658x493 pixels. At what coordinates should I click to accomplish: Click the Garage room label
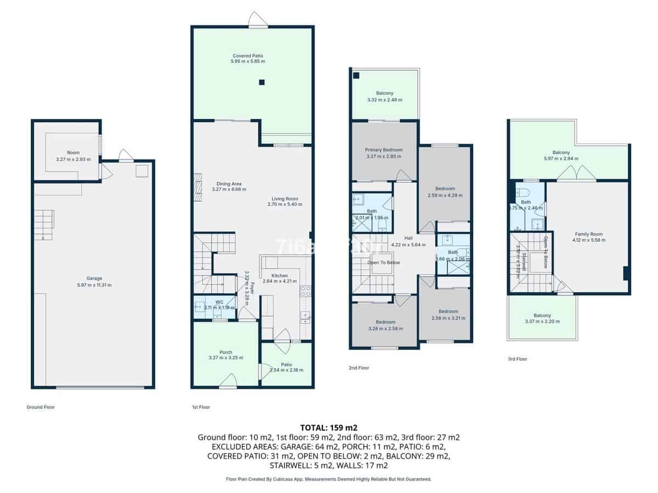(94, 278)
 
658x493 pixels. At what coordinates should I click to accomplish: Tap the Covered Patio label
(248, 56)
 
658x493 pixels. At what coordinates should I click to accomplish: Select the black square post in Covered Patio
(262, 83)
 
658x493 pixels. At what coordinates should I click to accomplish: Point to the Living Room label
(285, 199)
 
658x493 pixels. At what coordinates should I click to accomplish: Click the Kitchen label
(279, 276)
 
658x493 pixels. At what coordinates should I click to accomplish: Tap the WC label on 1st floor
(219, 302)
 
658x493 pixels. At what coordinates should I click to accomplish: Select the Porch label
(225, 352)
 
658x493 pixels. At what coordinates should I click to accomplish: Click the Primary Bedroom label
(384, 150)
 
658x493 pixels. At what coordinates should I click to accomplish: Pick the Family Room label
(588, 234)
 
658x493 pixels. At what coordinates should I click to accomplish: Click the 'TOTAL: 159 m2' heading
(328, 427)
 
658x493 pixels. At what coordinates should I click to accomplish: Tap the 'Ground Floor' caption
(41, 407)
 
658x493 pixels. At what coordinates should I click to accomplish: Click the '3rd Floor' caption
(518, 359)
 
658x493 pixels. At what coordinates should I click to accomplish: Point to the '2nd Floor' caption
(359, 368)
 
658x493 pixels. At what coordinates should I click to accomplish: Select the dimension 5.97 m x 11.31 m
(94, 285)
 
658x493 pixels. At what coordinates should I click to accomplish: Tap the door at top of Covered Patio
(258, 20)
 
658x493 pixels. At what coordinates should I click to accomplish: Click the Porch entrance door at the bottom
(228, 382)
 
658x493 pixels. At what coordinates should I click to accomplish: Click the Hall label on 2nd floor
(409, 238)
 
